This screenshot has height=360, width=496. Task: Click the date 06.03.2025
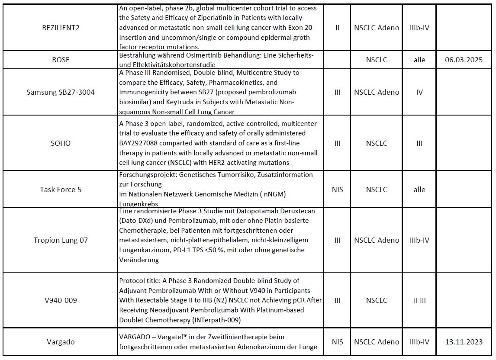pyautogui.click(x=464, y=60)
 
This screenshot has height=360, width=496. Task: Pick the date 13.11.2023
pyautogui.click(x=464, y=342)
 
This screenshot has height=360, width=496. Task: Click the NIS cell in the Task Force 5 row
pyautogui.click(x=337, y=190)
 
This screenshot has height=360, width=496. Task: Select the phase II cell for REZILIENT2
pyautogui.click(x=337, y=28)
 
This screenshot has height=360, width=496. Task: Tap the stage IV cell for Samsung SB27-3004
pyautogui.click(x=419, y=92)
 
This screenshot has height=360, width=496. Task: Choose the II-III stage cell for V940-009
pyautogui.click(x=419, y=300)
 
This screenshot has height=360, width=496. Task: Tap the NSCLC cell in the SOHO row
pyautogui.click(x=376, y=143)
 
